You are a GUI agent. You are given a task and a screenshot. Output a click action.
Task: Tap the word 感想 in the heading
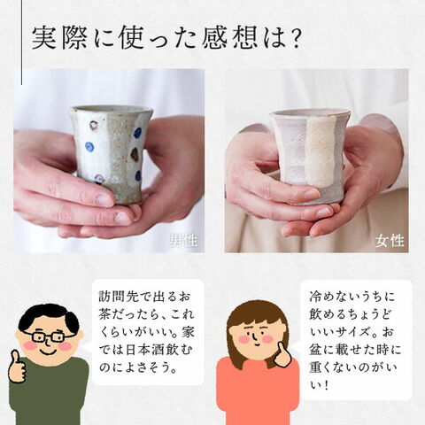229,38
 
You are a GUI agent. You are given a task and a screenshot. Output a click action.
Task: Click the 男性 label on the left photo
183,241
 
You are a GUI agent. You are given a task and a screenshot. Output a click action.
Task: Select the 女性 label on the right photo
390,241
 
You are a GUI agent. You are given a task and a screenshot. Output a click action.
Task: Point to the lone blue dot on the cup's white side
89,146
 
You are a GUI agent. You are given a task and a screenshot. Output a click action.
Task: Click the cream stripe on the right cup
320,151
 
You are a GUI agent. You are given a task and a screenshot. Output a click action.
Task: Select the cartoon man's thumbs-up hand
17,367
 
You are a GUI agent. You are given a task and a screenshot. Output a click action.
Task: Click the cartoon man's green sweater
49,392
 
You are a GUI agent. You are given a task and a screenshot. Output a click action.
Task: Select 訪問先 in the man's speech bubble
119,297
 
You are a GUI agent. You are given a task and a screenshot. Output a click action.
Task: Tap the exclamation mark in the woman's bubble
326,386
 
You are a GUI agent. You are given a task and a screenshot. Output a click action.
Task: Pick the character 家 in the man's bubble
188,332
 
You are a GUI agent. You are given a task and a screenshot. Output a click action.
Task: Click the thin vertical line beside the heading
21,42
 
